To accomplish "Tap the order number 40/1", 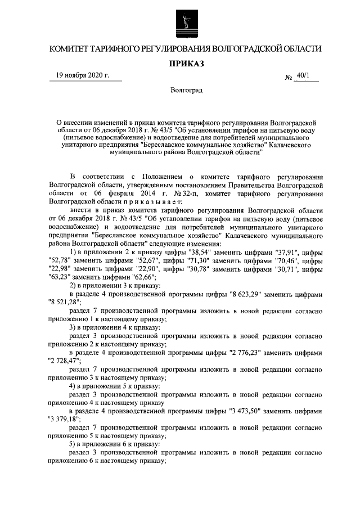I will [305, 76].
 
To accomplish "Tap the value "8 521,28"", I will [65, 303].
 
